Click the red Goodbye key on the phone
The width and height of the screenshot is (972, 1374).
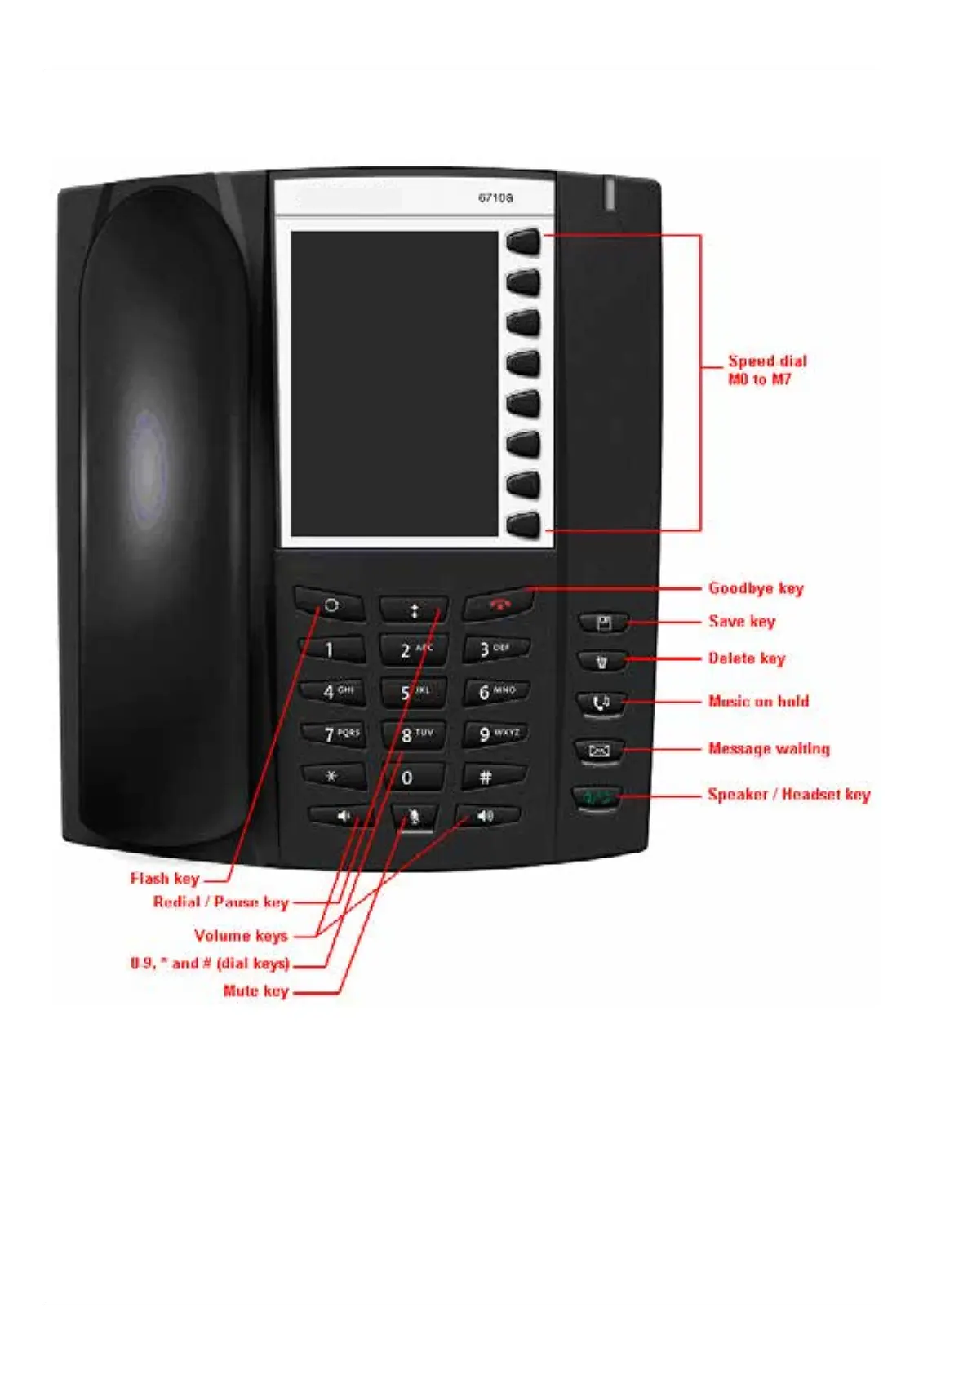(x=499, y=605)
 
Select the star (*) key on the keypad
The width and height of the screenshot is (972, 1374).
(x=333, y=777)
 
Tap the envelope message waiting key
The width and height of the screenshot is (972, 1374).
(x=600, y=751)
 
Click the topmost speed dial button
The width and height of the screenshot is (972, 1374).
(x=524, y=242)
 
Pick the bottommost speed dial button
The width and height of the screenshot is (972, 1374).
(x=524, y=525)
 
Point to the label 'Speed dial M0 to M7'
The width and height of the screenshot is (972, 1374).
(x=766, y=370)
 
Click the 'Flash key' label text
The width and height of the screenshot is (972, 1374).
(x=165, y=879)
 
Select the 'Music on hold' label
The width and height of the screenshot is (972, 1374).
(x=758, y=701)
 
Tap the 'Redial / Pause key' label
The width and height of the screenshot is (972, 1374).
(x=221, y=902)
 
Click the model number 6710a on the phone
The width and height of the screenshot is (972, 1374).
(x=495, y=197)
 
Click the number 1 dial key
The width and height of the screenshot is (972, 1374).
(x=331, y=650)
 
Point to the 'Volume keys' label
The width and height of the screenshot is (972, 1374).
(x=241, y=936)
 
